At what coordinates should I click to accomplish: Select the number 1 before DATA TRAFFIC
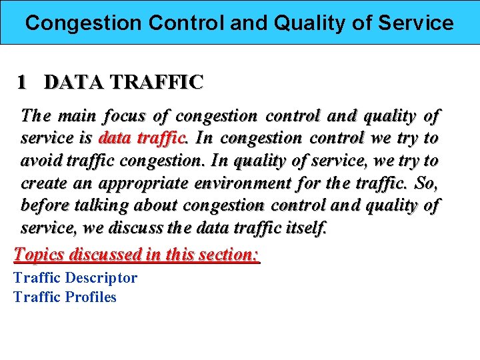(x=22, y=83)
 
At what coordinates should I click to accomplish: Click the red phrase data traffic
(x=141, y=139)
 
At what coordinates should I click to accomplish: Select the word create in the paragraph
(x=42, y=183)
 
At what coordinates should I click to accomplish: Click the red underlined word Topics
(x=39, y=254)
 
